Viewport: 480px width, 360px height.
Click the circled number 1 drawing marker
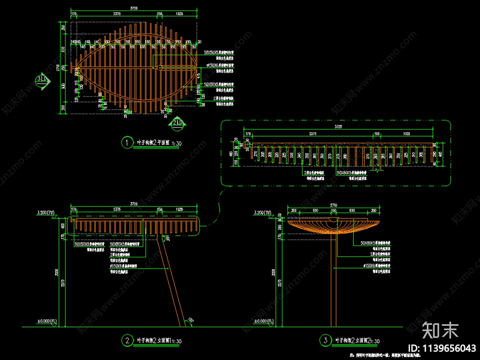click(127, 142)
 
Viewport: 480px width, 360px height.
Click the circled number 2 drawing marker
click(127, 340)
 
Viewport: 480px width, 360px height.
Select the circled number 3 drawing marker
click(325, 340)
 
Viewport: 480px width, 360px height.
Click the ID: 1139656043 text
click(442, 348)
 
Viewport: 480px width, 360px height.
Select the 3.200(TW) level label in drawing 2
click(46, 213)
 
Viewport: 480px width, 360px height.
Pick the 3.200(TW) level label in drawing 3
click(262, 213)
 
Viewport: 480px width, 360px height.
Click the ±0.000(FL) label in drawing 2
click(47, 321)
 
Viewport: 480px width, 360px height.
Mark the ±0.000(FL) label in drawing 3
click(264, 321)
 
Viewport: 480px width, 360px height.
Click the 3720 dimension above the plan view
click(134, 8)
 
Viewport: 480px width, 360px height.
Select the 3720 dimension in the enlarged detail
click(338, 127)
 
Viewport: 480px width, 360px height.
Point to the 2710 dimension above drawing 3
click(334, 205)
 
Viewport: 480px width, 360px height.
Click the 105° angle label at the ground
click(191, 320)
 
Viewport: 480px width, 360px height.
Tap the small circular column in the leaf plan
click(160, 67)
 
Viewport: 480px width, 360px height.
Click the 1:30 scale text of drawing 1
click(177, 143)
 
